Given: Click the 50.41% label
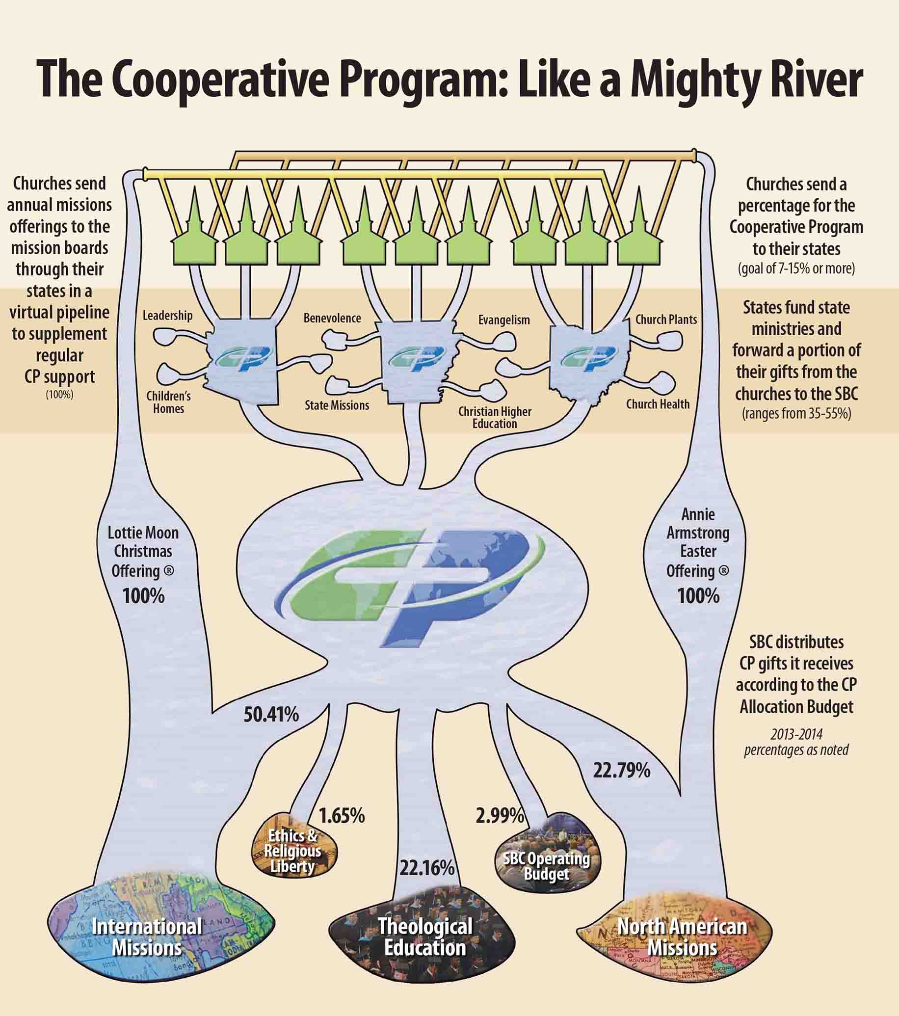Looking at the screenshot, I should (x=271, y=715).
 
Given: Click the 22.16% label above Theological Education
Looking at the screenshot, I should (x=427, y=868).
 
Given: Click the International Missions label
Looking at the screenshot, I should (x=147, y=937).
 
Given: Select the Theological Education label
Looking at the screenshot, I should (x=425, y=937).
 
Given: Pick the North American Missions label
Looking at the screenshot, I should (x=682, y=937).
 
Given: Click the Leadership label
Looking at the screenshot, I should (x=167, y=316).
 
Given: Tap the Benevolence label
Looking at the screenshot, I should (x=332, y=318).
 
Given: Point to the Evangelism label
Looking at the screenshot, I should (x=504, y=320).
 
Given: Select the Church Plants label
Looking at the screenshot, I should (x=666, y=320).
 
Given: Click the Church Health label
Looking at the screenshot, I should (x=658, y=404).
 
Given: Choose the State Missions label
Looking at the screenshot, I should (x=337, y=405).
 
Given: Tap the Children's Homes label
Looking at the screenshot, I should (x=168, y=402).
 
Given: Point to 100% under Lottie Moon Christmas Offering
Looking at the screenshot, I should (x=143, y=595).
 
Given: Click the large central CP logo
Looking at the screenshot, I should (x=413, y=587).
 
